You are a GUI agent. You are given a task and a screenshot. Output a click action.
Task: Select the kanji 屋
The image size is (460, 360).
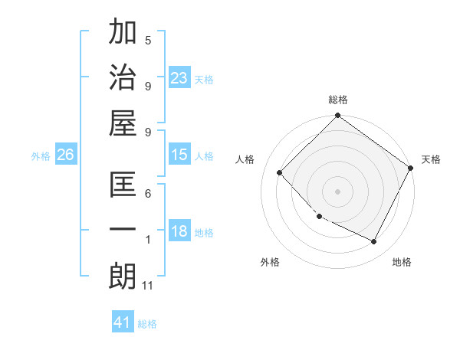click(123, 123)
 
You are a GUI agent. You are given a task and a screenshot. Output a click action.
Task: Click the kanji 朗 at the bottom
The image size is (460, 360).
click(123, 277)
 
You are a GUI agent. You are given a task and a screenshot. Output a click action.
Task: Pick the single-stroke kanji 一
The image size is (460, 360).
click(123, 231)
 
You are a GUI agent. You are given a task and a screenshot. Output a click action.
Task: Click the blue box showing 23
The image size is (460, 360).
click(179, 77)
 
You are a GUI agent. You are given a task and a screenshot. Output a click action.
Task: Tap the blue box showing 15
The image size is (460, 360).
click(179, 155)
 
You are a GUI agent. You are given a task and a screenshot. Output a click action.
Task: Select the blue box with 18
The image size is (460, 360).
click(179, 231)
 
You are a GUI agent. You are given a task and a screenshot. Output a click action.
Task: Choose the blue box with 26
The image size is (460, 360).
click(66, 155)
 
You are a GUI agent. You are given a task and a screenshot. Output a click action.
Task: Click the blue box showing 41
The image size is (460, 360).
click(123, 322)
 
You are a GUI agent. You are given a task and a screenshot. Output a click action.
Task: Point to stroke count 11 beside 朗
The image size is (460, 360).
click(149, 286)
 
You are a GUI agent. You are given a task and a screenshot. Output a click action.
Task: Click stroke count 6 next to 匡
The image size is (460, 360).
click(148, 195)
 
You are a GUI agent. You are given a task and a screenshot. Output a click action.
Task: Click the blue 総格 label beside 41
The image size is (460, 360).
click(148, 324)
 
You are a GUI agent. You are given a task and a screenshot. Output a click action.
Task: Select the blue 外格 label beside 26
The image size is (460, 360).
click(41, 156)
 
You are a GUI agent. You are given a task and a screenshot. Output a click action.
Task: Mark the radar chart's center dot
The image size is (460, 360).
click(337, 191)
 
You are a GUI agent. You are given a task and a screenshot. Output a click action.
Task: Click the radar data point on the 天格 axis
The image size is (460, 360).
click(410, 168)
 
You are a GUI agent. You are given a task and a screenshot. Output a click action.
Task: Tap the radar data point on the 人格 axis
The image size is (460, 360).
click(280, 172)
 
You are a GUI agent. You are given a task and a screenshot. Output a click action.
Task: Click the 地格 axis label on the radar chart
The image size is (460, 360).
click(402, 262)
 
